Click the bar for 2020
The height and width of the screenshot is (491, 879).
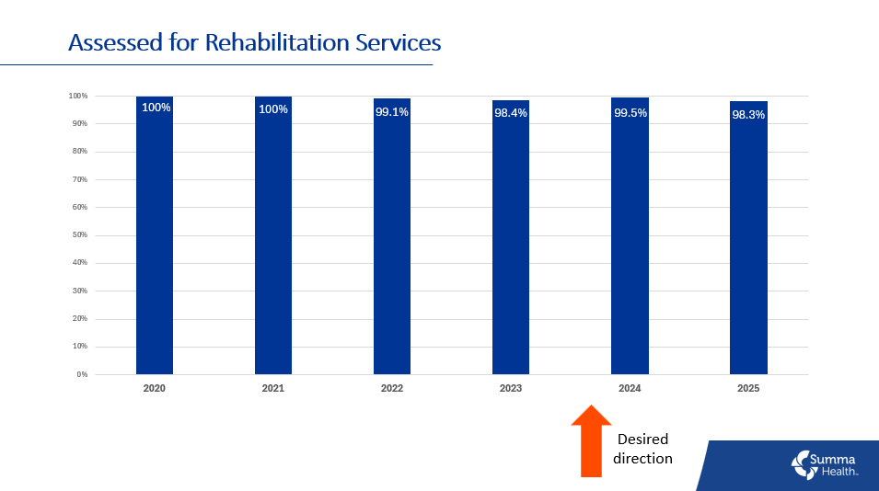[x=154, y=239]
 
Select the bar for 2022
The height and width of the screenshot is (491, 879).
[x=392, y=239]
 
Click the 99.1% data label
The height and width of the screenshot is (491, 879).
[x=392, y=112]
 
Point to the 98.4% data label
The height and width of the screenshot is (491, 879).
[x=511, y=114]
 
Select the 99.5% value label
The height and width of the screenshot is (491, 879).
[x=630, y=113]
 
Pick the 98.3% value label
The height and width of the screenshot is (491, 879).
[x=748, y=115]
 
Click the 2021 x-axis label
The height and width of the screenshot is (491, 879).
[x=272, y=389]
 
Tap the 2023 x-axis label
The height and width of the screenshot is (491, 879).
[x=511, y=389]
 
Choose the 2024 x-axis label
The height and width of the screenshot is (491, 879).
[x=630, y=389]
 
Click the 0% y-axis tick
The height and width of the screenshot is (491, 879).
[x=81, y=375]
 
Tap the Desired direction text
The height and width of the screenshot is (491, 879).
[x=642, y=449]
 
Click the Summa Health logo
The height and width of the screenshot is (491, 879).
[x=825, y=464]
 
